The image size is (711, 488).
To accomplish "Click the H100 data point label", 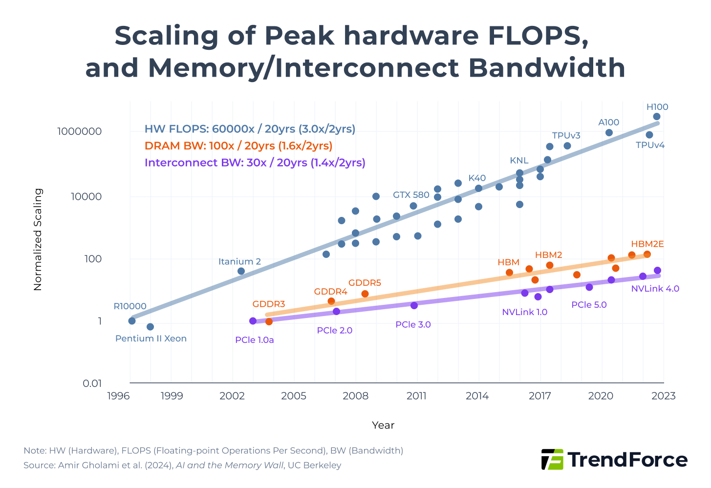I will pos(657,107).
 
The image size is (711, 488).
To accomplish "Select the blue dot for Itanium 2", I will pos(241,271).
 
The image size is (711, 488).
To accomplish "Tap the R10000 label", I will pos(130,306).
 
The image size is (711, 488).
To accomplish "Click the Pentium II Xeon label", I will pos(151,339).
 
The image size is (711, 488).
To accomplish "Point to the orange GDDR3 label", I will pos(268,304).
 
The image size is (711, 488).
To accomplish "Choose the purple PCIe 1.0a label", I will pos(254,340).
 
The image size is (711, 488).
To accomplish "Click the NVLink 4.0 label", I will pos(655,289).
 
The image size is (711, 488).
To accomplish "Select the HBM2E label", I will pos(647,244).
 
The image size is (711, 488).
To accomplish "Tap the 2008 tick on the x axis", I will pos(355,396).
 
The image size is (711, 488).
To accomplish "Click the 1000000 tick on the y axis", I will pos(79,131).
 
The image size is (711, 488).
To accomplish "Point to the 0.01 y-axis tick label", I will pos(92,383).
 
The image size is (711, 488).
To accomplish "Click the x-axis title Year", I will pos(383,425).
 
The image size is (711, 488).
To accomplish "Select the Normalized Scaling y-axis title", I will pos(38,239).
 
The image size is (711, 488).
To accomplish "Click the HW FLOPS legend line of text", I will pos(250,129).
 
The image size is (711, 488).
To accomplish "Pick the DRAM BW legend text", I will pos(238,146).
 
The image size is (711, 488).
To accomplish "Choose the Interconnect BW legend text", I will pos(255,163).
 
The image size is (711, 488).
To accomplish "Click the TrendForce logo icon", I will pos(552,460).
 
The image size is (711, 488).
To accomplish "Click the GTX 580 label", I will pos(411,195).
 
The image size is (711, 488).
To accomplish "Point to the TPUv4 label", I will pos(650,145).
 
